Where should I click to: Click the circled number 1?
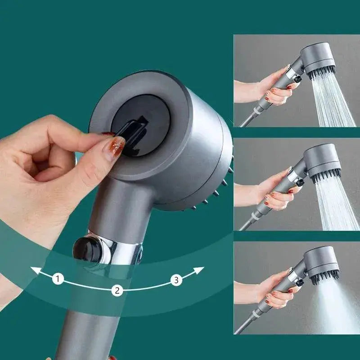click(x=57, y=279)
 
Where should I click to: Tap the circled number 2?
click(x=117, y=290)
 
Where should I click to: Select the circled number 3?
click(x=176, y=280)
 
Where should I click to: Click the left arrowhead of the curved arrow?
click(x=34, y=270)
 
